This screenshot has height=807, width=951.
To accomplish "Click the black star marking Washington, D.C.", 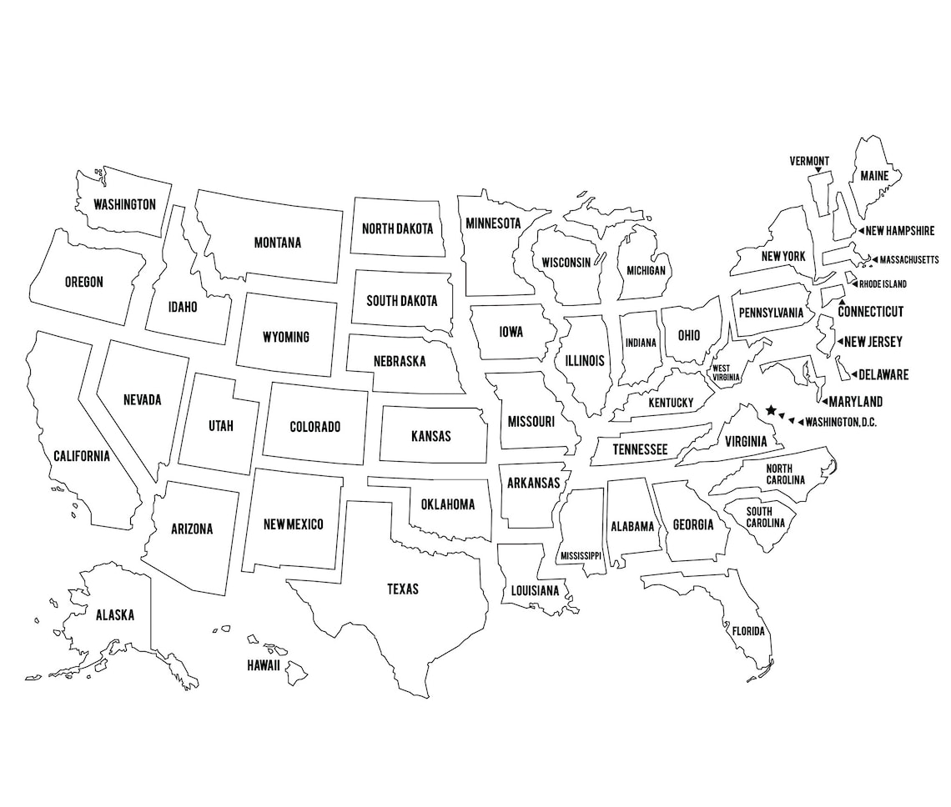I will [771, 410].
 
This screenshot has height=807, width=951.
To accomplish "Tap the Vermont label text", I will [809, 161].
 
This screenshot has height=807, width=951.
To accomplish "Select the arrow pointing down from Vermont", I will [818, 171].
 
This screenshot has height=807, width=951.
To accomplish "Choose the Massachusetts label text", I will [908, 259].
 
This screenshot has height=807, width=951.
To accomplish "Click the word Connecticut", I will [870, 312].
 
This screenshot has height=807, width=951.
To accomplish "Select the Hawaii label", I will [263, 665].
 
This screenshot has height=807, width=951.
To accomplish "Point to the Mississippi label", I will [581, 555].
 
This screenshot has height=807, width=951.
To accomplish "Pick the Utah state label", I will [221, 426].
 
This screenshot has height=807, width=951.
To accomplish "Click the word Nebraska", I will [399, 362].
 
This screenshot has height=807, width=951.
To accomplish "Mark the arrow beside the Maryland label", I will [824, 402].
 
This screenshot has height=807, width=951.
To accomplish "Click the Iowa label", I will [511, 332].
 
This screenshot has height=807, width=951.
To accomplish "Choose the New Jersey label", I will [873, 342].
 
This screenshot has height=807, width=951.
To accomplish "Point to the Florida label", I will [747, 631].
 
